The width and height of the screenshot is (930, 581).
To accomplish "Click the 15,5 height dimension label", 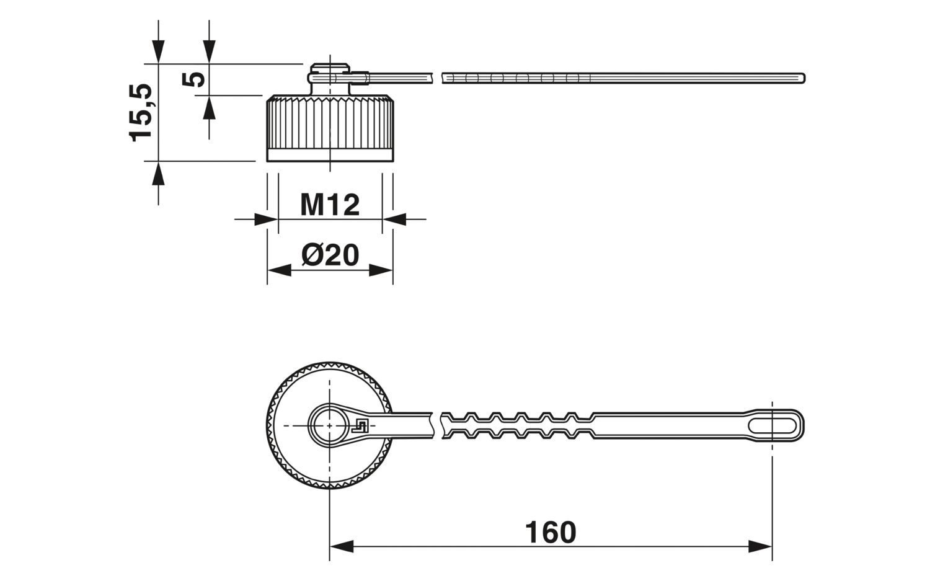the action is pyautogui.click(x=140, y=113).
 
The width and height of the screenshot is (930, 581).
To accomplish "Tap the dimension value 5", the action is pyautogui.click(x=193, y=79).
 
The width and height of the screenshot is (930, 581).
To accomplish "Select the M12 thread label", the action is pyautogui.click(x=330, y=205).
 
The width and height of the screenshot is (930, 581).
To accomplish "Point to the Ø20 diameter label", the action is pyautogui.click(x=330, y=255).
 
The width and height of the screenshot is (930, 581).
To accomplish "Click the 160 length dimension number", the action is pyautogui.click(x=551, y=532).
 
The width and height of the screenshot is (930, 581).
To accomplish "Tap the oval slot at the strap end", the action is pyautogui.click(x=773, y=426).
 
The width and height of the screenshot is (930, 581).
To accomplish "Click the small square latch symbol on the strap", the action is pyautogui.click(x=360, y=426).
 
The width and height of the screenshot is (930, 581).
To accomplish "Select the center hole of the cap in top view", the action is pyautogui.click(x=330, y=426).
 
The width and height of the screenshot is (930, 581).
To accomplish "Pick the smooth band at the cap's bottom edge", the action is pyautogui.click(x=330, y=155).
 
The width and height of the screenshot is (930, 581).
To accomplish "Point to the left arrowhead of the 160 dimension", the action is pyautogui.click(x=341, y=546).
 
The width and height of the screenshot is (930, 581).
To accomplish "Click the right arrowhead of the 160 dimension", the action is pyautogui.click(x=760, y=546).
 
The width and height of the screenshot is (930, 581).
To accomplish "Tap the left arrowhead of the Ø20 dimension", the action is pyautogui.click(x=280, y=270).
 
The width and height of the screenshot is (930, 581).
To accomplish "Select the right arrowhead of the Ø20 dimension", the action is pyautogui.click(x=381, y=270).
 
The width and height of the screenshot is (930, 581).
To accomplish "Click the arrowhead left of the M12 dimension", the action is pyautogui.click(x=266, y=220).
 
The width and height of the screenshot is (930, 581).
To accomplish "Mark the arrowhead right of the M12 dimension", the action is pyautogui.click(x=394, y=220).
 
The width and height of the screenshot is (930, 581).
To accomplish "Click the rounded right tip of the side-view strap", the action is pyautogui.click(x=804, y=78).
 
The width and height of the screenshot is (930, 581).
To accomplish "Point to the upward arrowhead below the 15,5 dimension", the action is pyautogui.click(x=158, y=174).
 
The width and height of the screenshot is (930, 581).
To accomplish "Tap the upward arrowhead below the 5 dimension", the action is pyautogui.click(x=210, y=107).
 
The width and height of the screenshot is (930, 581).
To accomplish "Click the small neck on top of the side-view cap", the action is pyautogui.click(x=330, y=79).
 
